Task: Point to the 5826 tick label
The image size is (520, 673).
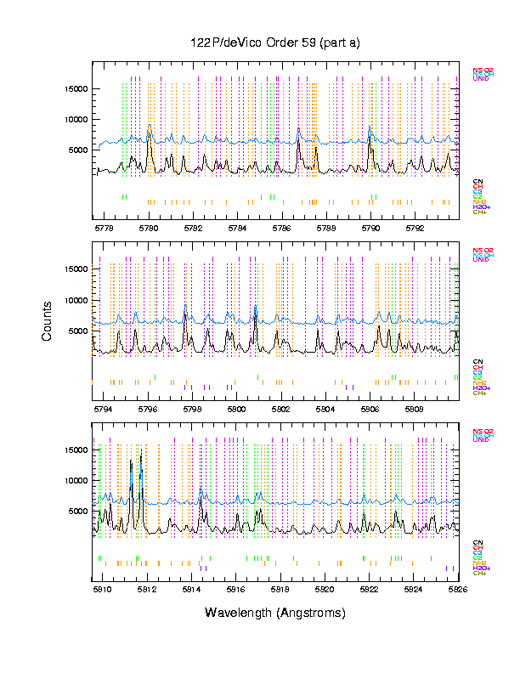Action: [x=458, y=588]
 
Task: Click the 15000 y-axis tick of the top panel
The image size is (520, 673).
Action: [x=75, y=88]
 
